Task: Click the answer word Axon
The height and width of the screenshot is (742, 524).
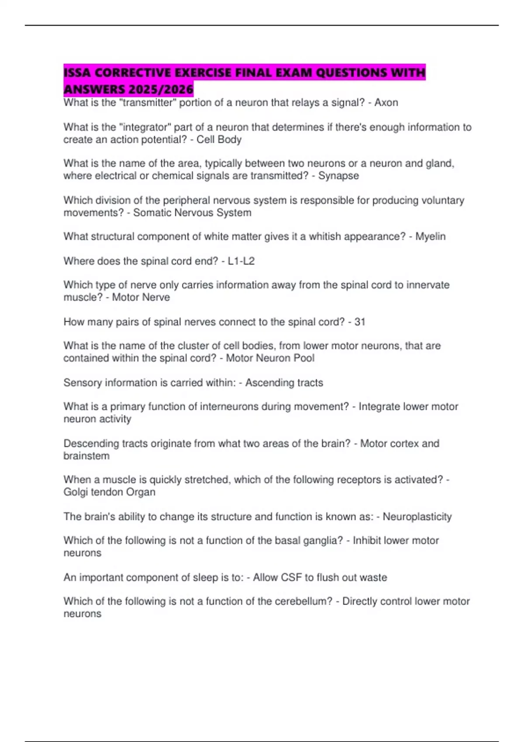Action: coord(386,103)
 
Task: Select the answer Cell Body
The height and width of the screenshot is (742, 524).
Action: coord(219,140)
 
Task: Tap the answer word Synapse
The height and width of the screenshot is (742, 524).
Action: coord(338,176)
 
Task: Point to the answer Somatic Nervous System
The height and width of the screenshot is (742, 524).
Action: coord(192,213)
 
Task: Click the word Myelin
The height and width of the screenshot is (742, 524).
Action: coord(430,237)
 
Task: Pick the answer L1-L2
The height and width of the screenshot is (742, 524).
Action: coord(241,261)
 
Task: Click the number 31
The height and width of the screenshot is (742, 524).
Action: coord(360,322)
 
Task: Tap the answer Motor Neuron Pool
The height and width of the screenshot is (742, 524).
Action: coord(270,358)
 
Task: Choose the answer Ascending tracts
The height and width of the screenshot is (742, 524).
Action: coord(284,383)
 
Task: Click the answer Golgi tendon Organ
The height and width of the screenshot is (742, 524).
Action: coord(109,492)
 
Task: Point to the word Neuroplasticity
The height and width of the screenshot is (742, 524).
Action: coord(417,517)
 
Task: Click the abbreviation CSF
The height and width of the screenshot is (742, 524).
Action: coord(291,577)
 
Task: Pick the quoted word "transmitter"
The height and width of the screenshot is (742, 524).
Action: coord(147,103)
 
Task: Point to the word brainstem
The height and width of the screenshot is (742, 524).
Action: coord(86,456)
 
